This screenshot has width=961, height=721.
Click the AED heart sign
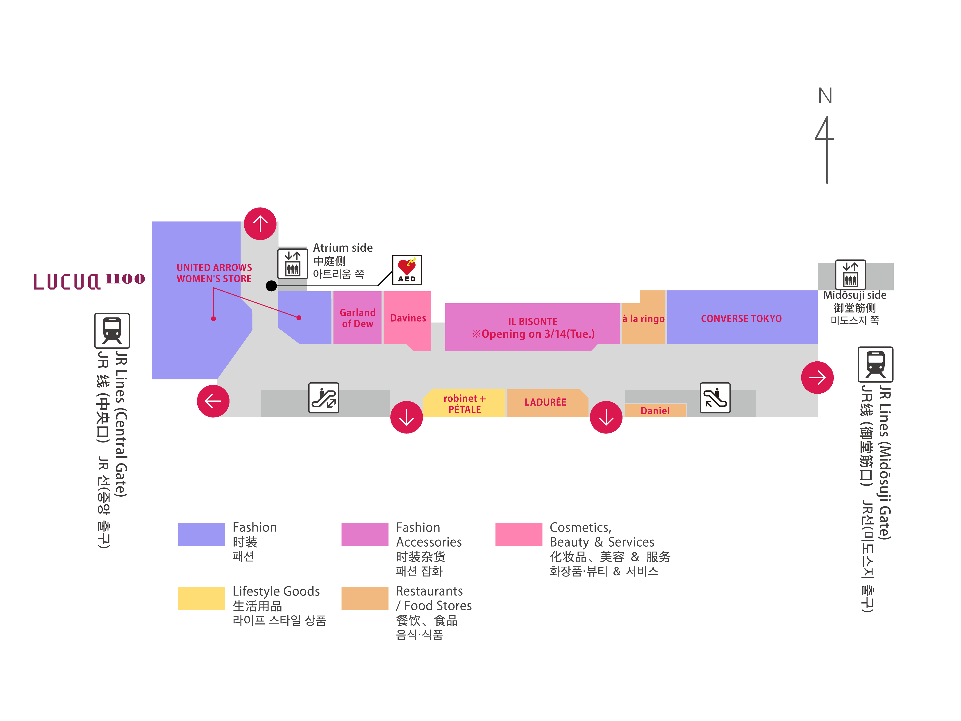pos(407,269)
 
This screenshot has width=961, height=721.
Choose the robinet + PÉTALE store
pos(464,404)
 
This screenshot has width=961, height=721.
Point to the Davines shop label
pos(407,318)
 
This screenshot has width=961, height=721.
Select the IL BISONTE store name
pos(533,322)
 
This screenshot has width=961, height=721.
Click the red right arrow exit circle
pos(817,378)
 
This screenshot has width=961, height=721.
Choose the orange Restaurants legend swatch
pos(364,598)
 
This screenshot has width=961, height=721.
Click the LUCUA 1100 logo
pos(89,281)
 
